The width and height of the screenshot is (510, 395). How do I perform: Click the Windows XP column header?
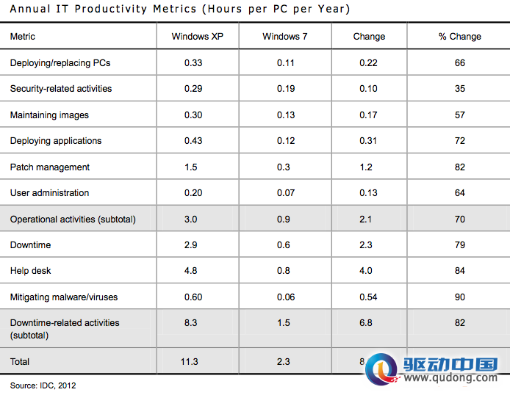[198, 37]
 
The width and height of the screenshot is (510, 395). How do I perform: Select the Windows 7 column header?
[285, 37]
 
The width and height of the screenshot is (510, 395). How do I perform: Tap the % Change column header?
[459, 37]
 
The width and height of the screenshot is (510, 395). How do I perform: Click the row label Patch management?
[50, 167]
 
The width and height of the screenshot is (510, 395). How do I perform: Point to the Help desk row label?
[31, 271]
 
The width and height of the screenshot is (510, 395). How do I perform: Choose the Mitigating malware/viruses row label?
[64, 297]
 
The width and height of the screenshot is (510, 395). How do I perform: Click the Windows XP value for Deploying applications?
[193, 141]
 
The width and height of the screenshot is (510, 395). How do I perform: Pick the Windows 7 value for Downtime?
[284, 245]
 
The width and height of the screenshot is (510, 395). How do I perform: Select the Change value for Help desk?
[365, 271]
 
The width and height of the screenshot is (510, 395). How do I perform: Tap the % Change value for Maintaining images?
[459, 115]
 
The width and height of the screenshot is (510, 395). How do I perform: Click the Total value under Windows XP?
[190, 362]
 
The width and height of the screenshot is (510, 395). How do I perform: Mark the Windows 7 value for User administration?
[286, 193]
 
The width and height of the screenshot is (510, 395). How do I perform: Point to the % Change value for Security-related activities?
[459, 89]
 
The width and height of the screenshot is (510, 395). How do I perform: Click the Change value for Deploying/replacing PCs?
[368, 62]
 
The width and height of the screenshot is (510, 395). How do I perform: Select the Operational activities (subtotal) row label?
[73, 220]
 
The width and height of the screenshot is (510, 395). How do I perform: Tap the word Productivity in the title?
[110, 9]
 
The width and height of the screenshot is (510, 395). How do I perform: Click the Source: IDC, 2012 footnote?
[43, 385]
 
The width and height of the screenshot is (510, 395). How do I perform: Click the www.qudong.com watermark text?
[450, 378]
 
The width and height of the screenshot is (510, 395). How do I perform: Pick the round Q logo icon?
[382, 369]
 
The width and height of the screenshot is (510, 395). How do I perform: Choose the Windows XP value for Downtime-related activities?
[190, 323]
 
